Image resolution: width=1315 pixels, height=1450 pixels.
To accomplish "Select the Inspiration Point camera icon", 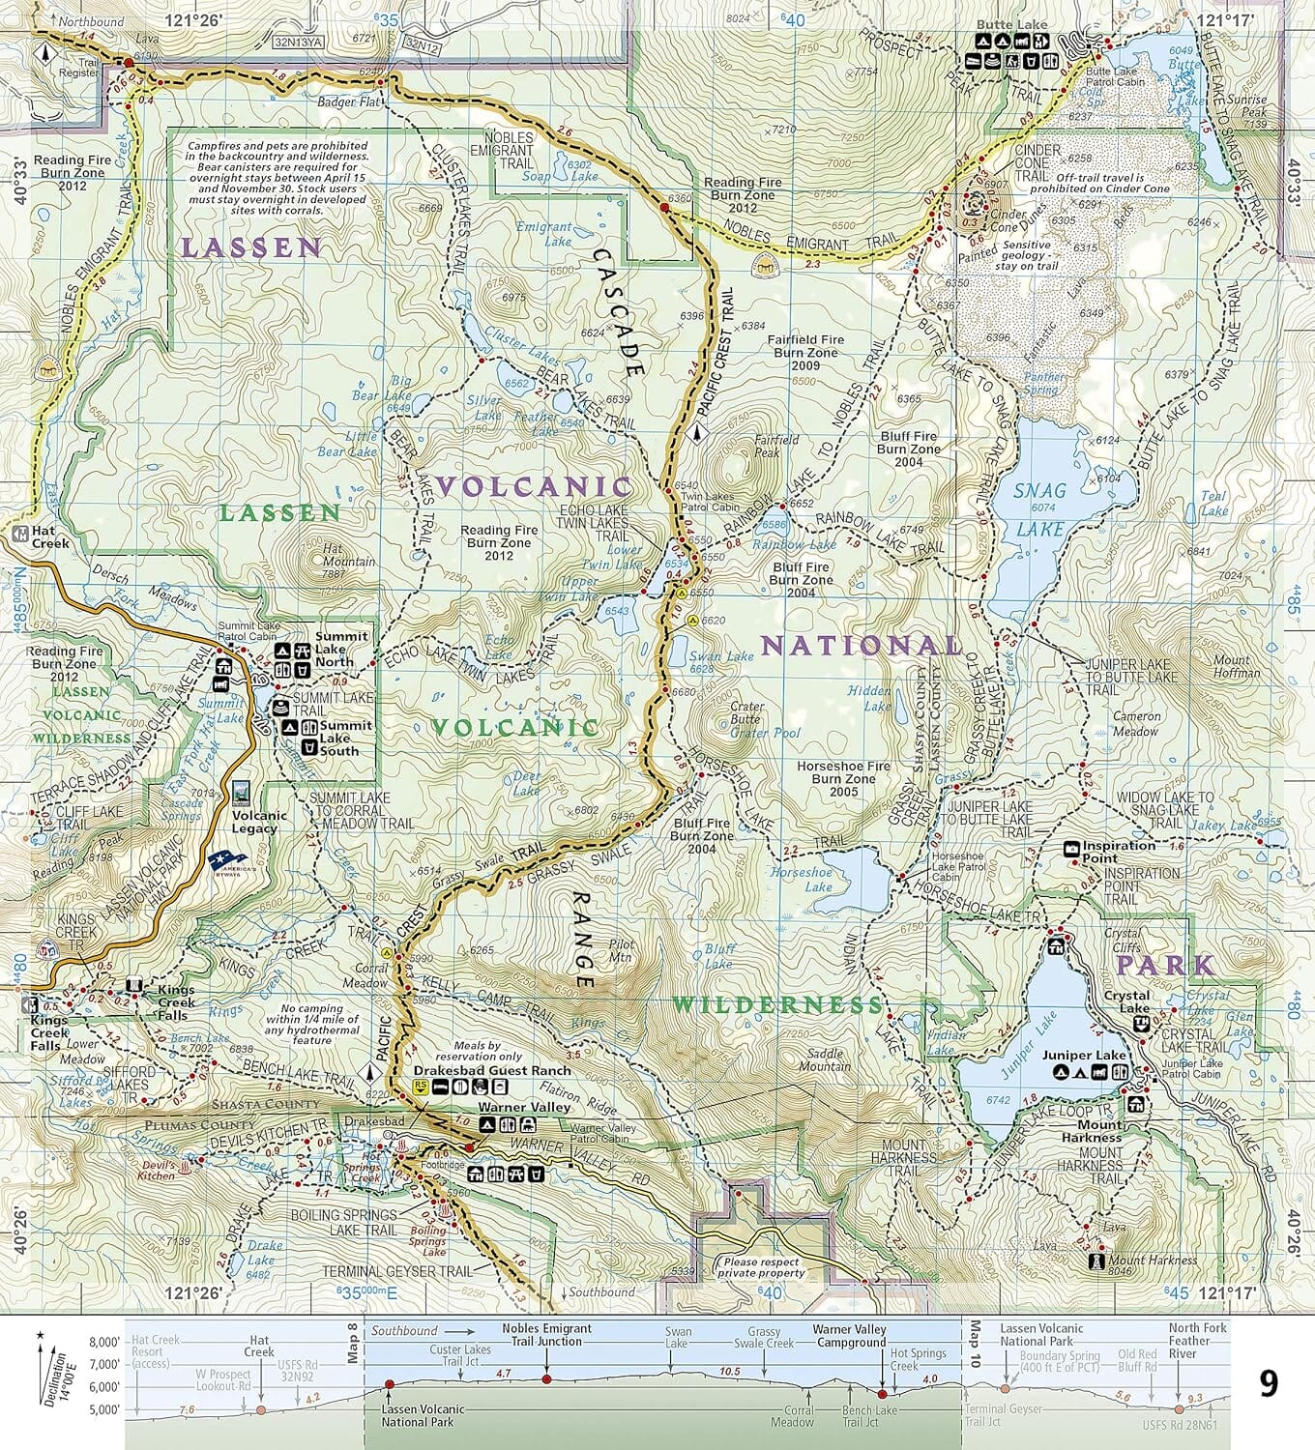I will tap(1071, 849).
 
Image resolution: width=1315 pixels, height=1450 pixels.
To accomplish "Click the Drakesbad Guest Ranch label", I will tap(492, 1071).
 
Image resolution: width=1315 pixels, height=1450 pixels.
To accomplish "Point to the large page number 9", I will tap(1268, 1383).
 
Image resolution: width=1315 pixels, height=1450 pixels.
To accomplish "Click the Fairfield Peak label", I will tap(767, 446).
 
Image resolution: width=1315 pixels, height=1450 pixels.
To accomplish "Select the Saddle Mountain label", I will tap(825, 1059).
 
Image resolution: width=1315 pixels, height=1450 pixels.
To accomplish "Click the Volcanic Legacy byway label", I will tap(254, 822).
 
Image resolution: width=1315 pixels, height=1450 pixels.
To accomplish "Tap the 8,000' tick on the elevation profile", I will tap(104, 1342).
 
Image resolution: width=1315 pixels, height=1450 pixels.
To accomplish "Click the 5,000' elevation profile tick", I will tap(104, 1409).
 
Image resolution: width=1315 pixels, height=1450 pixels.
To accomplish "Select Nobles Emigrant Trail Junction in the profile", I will tap(546, 1335).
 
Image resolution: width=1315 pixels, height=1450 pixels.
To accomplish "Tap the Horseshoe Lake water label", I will tap(802, 880).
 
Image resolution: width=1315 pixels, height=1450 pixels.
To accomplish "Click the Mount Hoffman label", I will tap(1237, 666).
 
